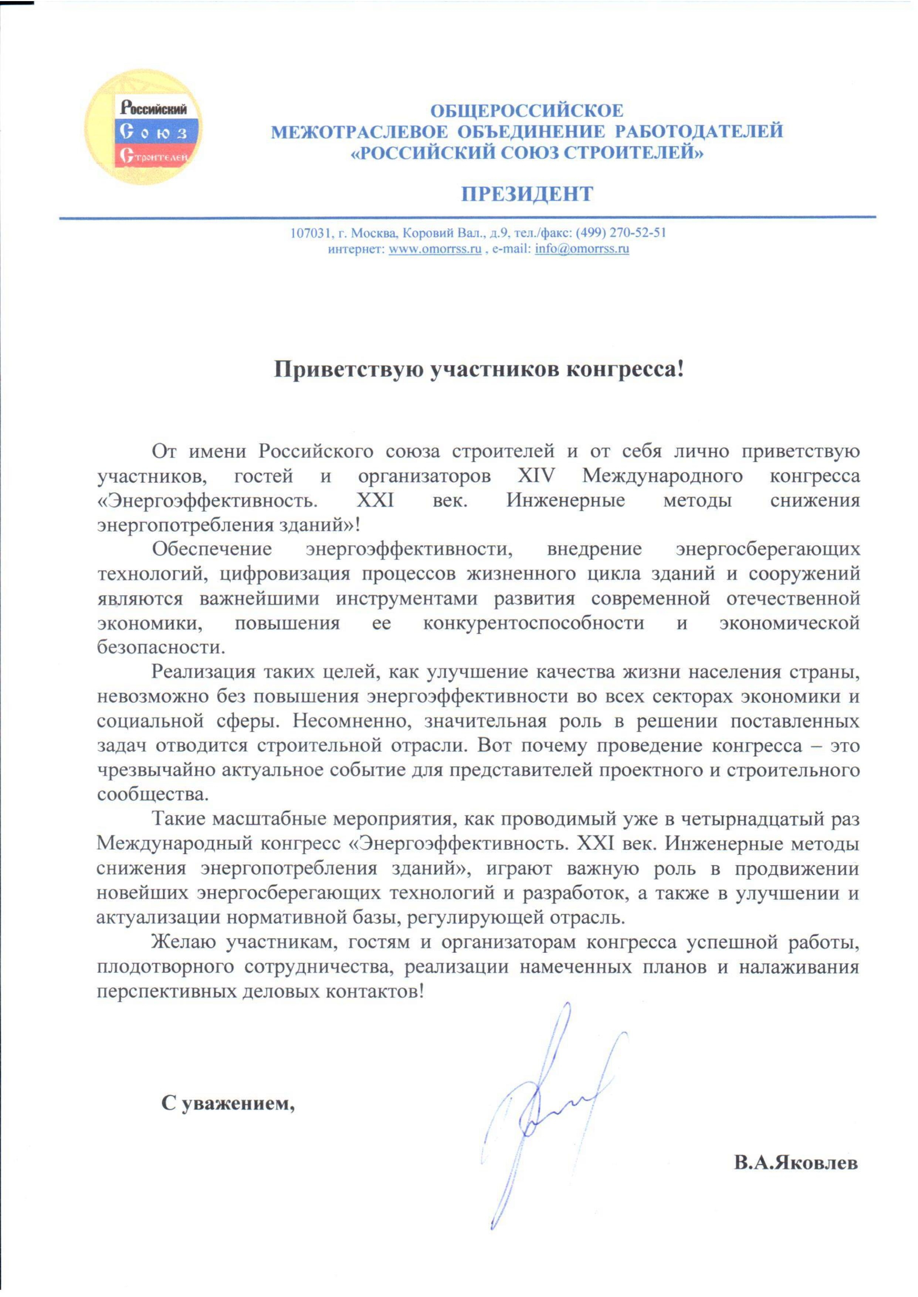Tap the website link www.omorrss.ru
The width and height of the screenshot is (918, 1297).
435,249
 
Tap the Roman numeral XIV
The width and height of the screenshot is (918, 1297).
536,476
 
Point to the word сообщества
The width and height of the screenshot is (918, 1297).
153,794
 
